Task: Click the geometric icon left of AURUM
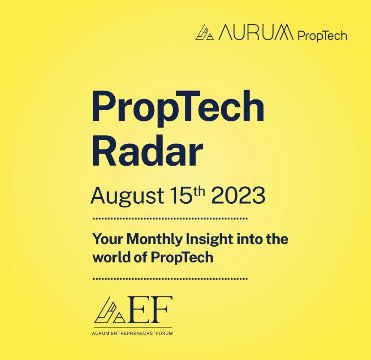coord(205,34)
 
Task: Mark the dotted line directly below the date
coord(170,219)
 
